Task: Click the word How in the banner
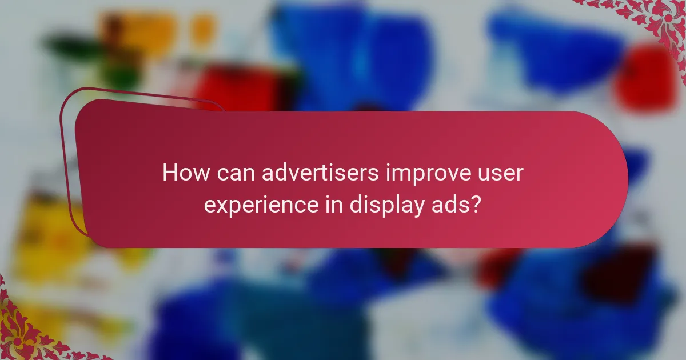tap(181, 173)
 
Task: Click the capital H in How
tap(170, 173)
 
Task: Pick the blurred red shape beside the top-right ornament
tap(646, 77)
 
